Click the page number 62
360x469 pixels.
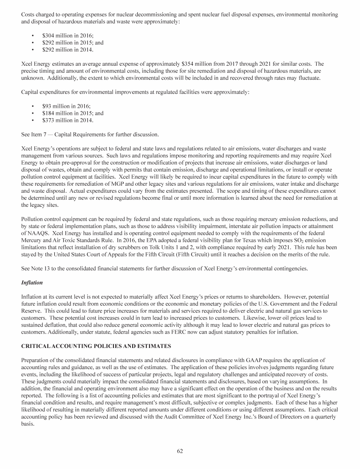point(180,451)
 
